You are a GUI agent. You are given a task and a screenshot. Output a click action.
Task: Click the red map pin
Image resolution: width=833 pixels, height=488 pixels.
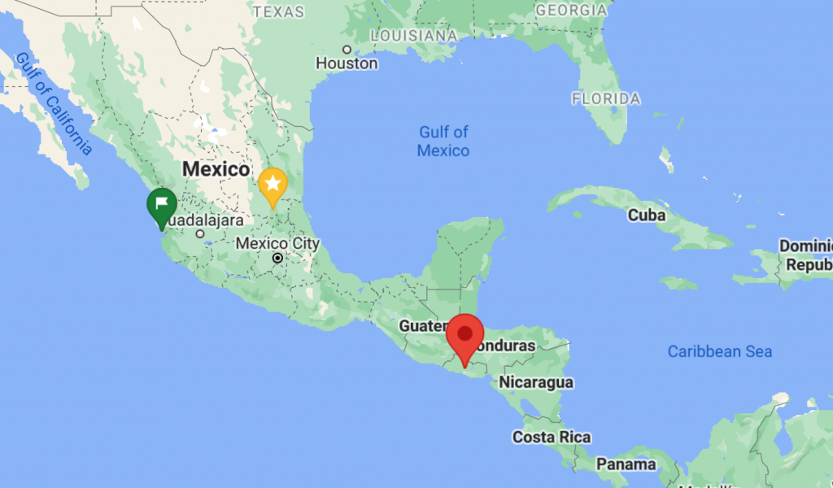click(x=465, y=336)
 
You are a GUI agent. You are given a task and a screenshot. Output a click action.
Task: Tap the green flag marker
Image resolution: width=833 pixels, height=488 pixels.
click(x=162, y=204)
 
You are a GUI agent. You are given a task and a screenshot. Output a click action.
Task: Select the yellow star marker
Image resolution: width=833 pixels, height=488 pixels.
click(x=273, y=185)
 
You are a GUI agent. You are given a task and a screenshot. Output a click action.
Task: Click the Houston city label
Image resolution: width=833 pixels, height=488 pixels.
click(x=347, y=63)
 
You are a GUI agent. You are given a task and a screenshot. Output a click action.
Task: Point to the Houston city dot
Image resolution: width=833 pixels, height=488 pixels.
click(x=347, y=49)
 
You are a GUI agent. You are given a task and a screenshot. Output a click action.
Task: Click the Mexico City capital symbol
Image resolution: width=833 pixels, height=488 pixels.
click(x=278, y=258)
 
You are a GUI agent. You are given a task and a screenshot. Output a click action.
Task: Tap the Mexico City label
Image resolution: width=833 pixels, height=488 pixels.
click(x=277, y=243)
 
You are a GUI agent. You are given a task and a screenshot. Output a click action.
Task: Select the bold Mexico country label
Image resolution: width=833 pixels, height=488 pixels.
click(x=216, y=169)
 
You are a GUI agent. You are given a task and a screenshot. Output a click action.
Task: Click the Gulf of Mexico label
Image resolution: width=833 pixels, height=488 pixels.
click(x=443, y=141)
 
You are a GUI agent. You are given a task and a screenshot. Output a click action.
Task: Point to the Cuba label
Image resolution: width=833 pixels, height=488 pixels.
click(x=647, y=216)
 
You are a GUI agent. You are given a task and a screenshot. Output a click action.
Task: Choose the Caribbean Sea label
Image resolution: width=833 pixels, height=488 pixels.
click(x=720, y=351)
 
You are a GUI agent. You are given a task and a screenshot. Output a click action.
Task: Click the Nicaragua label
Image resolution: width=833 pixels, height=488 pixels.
click(x=536, y=382)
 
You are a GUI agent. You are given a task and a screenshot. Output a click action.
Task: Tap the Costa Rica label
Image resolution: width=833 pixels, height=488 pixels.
click(x=552, y=438)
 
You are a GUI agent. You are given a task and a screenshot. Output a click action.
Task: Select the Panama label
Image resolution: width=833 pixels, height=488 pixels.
click(x=626, y=464)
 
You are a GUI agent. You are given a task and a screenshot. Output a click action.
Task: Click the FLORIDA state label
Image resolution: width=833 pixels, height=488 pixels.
click(x=605, y=98)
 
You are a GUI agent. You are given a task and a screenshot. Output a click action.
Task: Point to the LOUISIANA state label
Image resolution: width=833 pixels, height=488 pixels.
click(x=413, y=36)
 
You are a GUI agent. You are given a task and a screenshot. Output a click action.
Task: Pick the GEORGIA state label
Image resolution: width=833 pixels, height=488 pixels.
click(x=571, y=11)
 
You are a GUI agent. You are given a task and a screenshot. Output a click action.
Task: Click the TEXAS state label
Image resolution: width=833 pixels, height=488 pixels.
click(x=278, y=11)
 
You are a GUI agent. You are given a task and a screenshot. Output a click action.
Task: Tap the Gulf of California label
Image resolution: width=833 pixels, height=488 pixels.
click(x=54, y=102)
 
